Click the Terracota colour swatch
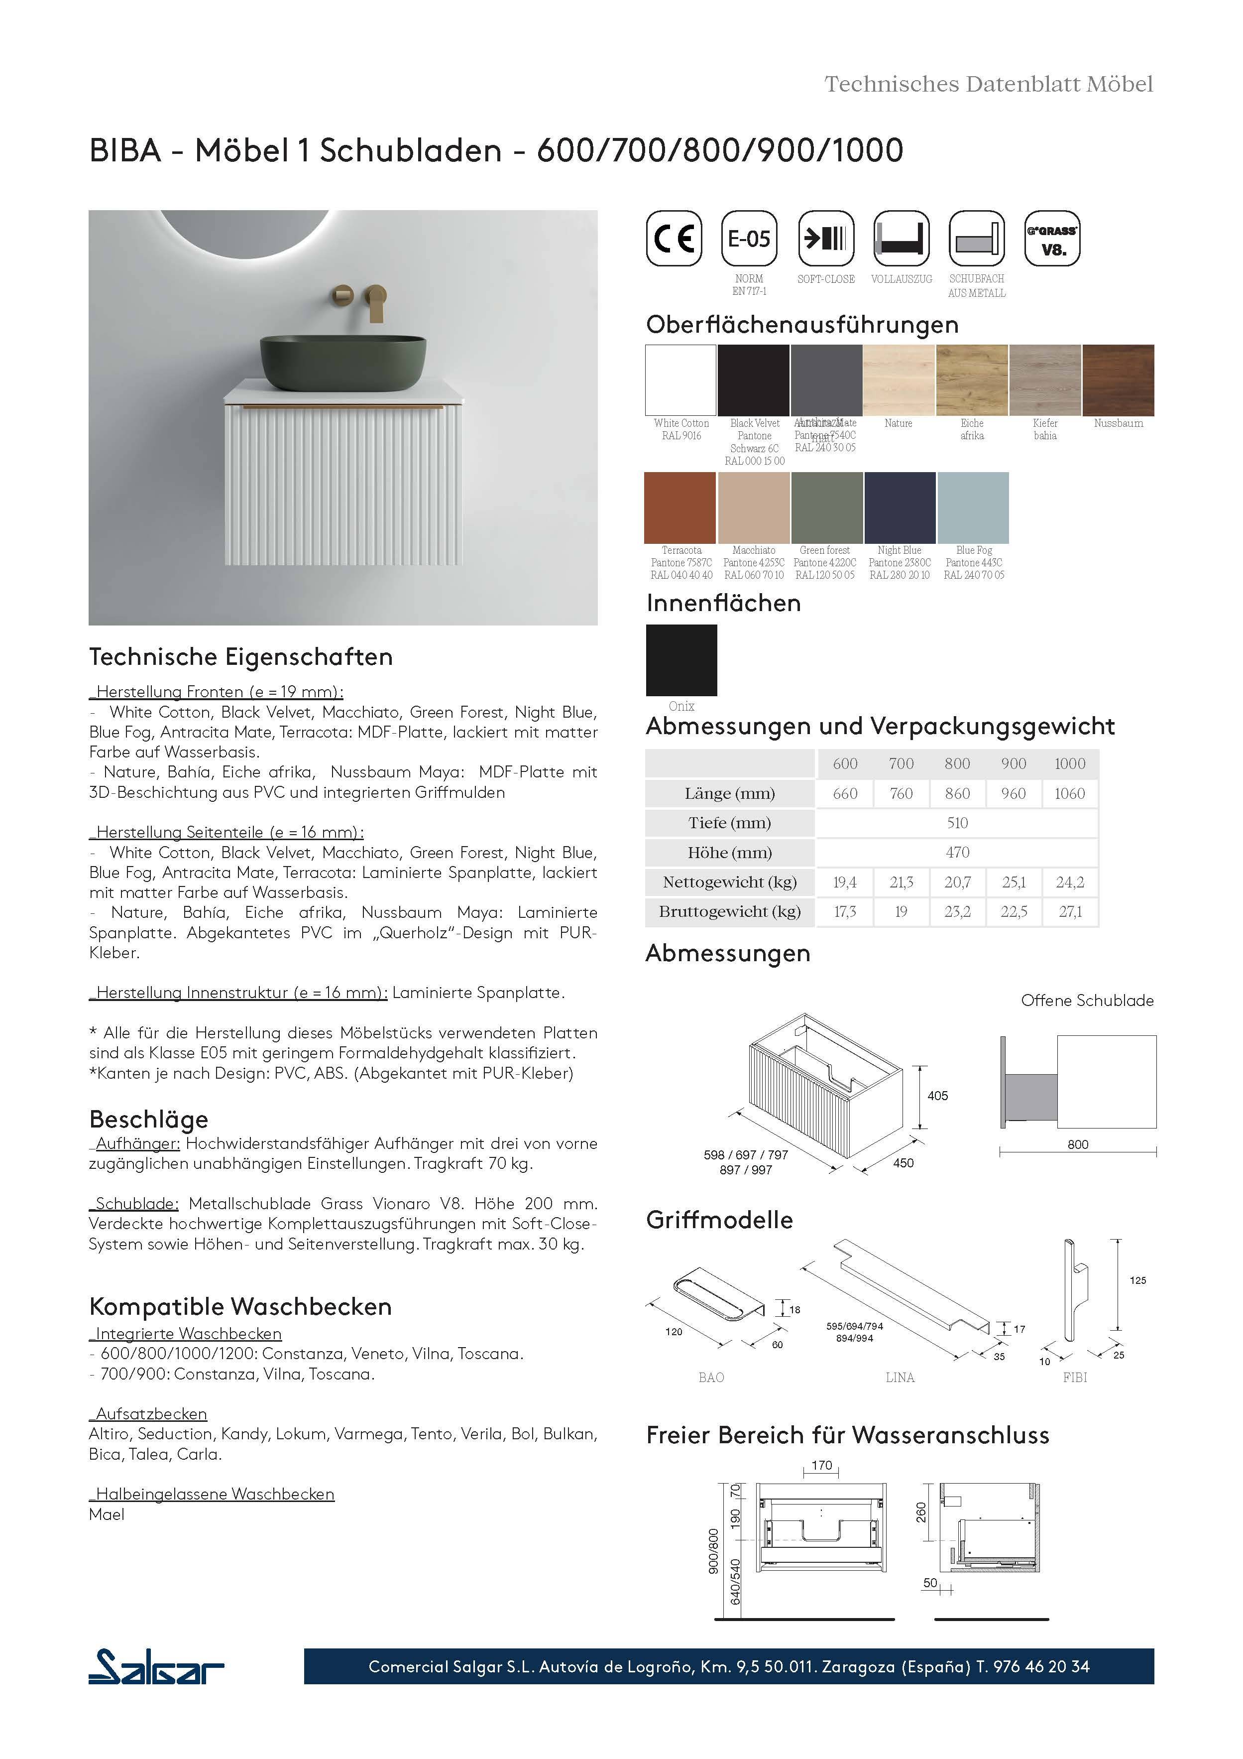tap(680, 507)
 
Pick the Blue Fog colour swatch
tap(973, 507)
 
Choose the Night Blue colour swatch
tap(900, 507)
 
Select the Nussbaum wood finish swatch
tap(1118, 380)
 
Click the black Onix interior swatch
tap(681, 659)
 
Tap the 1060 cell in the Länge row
tap(1069, 794)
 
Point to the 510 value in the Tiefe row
tap(957, 823)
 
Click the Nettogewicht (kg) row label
tap(729, 882)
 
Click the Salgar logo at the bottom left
tap(156, 1666)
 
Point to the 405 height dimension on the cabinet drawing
tap(937, 1096)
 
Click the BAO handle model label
tap(711, 1378)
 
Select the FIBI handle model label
tap(1075, 1378)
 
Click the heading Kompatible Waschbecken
tap(240, 1306)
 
